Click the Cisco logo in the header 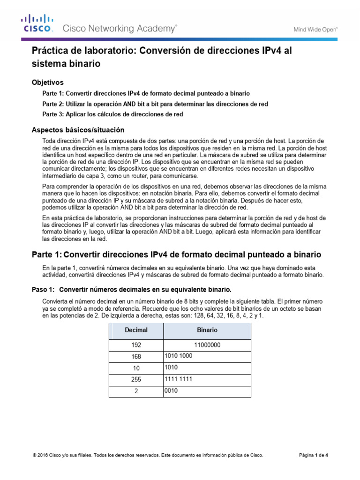(x=37, y=23)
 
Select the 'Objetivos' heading (x=47, y=82)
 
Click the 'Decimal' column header (x=136, y=330)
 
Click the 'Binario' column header (x=207, y=330)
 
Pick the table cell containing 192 (x=136, y=345)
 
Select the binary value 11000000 (x=207, y=345)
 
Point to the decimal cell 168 (x=136, y=357)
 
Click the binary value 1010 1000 (x=179, y=356)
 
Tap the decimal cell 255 (x=136, y=380)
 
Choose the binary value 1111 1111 (x=179, y=379)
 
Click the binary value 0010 (x=171, y=390)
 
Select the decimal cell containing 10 (x=136, y=368)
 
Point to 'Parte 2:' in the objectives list (x=55, y=104)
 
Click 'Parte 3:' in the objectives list (x=55, y=114)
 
